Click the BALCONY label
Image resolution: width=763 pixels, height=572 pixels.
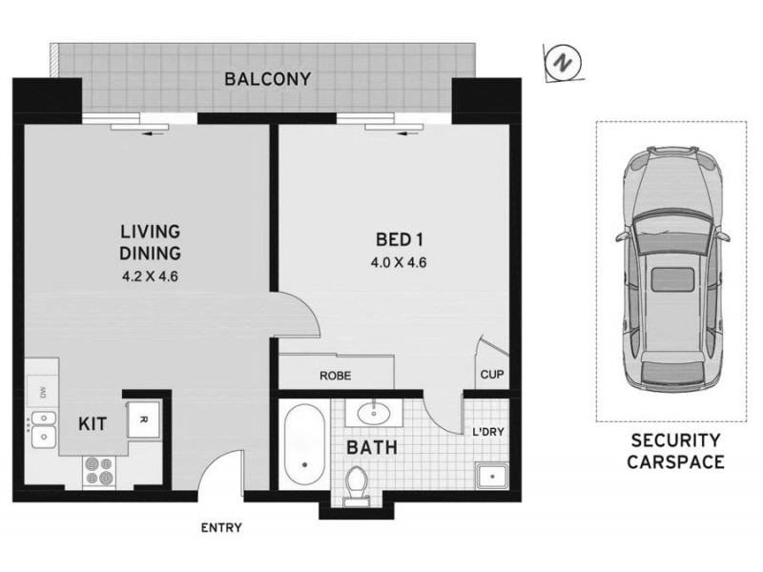pyautogui.click(x=267, y=79)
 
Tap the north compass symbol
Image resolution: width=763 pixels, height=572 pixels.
pyautogui.click(x=563, y=63)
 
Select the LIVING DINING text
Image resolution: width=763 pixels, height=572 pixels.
pyautogui.click(x=151, y=242)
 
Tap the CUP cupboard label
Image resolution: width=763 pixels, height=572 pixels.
pyautogui.click(x=492, y=376)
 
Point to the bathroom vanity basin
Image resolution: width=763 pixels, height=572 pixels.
pyautogui.click(x=371, y=414)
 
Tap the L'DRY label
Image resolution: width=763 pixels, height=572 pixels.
pyautogui.click(x=488, y=431)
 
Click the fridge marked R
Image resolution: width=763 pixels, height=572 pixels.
pyautogui.click(x=144, y=419)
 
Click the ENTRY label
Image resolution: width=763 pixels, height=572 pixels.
pyautogui.click(x=220, y=527)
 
